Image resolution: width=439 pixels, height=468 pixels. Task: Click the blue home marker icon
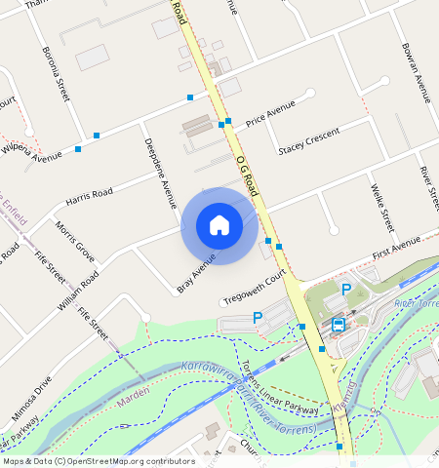(x=219, y=225)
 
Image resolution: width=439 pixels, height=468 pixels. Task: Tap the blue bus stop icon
(x=339, y=324)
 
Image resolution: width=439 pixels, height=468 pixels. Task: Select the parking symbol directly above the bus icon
(x=345, y=290)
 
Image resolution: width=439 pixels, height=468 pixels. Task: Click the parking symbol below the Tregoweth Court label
(x=258, y=317)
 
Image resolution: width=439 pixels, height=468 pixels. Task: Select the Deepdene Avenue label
(x=159, y=169)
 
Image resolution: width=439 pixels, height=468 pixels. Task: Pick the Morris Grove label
(x=75, y=242)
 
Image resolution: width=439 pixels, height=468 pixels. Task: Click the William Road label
(x=78, y=292)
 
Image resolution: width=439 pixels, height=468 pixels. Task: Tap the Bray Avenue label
(x=196, y=272)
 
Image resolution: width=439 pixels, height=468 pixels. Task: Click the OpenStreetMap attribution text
(x=99, y=461)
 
